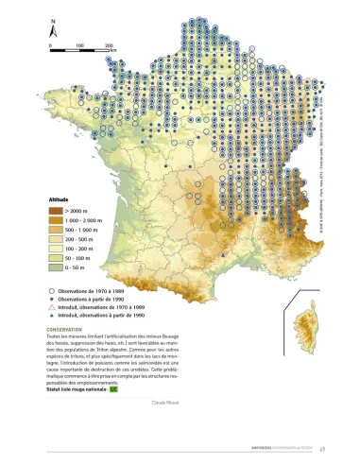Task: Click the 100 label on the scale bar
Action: (80, 44)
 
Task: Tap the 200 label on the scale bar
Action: (110, 44)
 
